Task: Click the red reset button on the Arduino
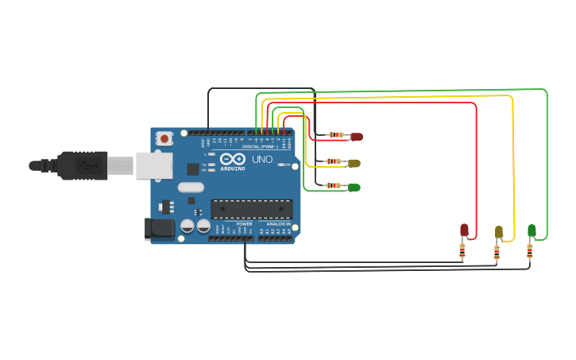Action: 164,138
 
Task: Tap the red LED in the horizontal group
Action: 357,137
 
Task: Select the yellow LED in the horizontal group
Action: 354,163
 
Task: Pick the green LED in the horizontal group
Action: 354,188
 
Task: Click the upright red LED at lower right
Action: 465,230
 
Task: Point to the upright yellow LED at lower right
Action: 499,232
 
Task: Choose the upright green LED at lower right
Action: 532,230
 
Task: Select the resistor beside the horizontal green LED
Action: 334,186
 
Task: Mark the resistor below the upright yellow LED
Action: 497,253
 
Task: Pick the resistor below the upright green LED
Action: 529,251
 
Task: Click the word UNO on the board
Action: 262,160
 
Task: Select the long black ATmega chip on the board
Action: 251,209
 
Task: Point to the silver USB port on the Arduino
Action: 153,165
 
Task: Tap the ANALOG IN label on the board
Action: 277,224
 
